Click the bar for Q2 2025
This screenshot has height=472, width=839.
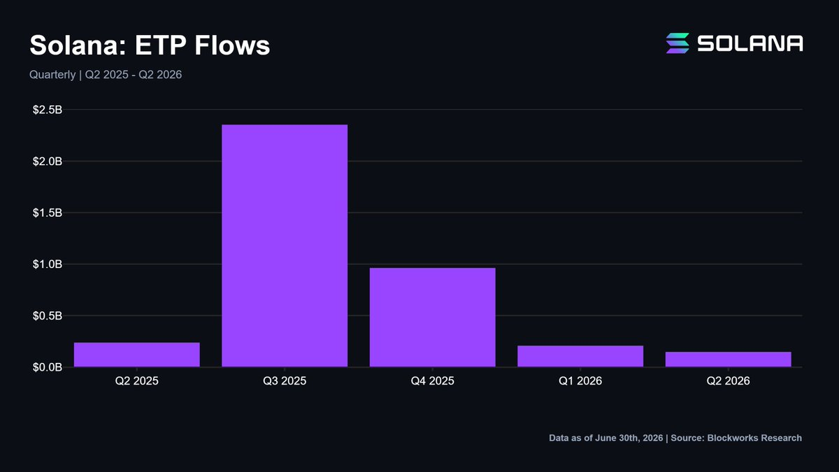pyautogui.click(x=137, y=355)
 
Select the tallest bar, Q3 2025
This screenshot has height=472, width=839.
pyautogui.click(x=285, y=245)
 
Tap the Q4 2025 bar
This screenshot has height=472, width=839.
pyautogui.click(x=433, y=317)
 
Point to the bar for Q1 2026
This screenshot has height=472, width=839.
pyautogui.click(x=580, y=356)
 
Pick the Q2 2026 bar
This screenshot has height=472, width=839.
pyautogui.click(x=728, y=359)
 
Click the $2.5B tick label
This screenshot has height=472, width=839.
pyautogui.click(x=48, y=110)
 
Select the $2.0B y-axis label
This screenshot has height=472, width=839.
pyautogui.click(x=48, y=162)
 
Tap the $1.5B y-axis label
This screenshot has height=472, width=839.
pyautogui.click(x=48, y=213)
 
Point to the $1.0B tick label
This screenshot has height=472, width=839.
pyautogui.click(x=48, y=264)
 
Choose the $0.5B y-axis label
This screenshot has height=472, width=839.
pyautogui.click(x=48, y=316)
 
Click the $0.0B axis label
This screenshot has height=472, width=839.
pyautogui.click(x=48, y=367)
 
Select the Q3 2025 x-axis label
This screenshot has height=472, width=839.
pyautogui.click(x=285, y=381)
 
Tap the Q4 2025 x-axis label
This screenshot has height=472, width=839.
pyautogui.click(x=433, y=381)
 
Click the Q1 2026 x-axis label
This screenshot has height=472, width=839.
pyautogui.click(x=580, y=381)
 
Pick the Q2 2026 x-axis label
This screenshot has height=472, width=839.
pyautogui.click(x=728, y=381)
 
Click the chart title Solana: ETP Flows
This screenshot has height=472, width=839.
pyautogui.click(x=150, y=45)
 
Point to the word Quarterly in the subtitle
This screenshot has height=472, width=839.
pyautogui.click(x=52, y=75)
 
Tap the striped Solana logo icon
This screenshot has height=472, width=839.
pyautogui.click(x=677, y=43)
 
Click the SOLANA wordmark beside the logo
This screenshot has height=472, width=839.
pyautogui.click(x=750, y=43)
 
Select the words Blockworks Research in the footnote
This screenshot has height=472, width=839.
pyautogui.click(x=754, y=438)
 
